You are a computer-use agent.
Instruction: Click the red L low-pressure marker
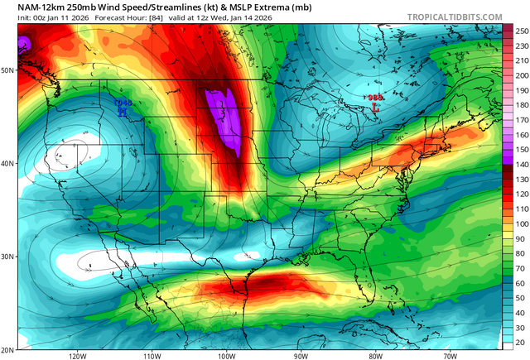point(375,107)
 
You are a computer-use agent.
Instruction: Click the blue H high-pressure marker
point(123,113)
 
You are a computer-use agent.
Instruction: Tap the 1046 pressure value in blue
point(123,103)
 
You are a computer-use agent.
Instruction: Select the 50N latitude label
point(7,70)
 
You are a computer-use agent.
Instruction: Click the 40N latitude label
point(7,164)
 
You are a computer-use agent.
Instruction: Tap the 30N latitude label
point(7,257)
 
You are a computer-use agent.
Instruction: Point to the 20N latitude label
point(7,349)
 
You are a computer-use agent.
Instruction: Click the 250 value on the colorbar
point(521,31)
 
